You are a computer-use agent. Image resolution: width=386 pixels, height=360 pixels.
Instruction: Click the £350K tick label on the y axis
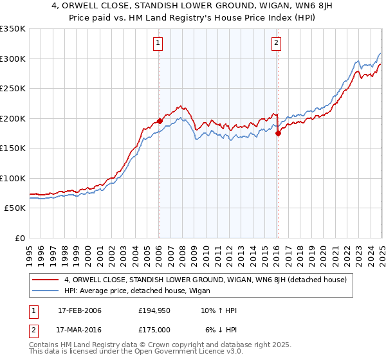13,29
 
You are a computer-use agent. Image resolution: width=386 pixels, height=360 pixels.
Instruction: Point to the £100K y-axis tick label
13,178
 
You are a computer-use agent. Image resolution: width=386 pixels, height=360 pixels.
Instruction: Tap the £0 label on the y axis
19,238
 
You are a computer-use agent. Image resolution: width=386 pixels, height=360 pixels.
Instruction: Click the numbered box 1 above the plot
158,44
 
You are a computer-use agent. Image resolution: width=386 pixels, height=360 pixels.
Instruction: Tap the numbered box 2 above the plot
276,44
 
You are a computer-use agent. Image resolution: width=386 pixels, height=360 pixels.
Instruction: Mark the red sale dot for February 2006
160,121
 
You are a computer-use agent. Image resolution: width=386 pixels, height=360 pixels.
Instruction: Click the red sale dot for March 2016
278,133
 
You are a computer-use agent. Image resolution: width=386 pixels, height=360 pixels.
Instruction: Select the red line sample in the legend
46,280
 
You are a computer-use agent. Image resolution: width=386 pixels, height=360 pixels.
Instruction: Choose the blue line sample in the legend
46,291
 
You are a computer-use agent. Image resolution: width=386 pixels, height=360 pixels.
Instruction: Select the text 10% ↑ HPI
218,310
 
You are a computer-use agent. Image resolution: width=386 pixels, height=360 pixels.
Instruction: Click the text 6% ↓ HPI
220,329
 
